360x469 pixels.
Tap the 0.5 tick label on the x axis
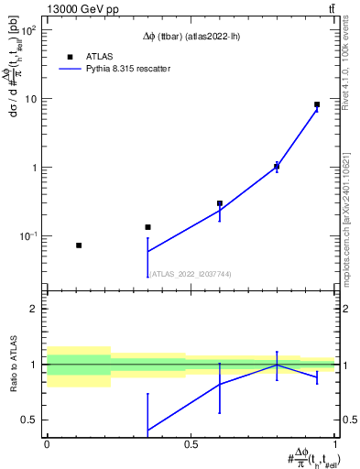191,445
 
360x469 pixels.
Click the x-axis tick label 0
47,445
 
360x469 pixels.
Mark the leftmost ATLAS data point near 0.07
79,245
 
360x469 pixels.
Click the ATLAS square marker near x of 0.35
147,227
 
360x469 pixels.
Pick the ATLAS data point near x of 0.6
220,203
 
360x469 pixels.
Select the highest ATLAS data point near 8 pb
317,104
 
